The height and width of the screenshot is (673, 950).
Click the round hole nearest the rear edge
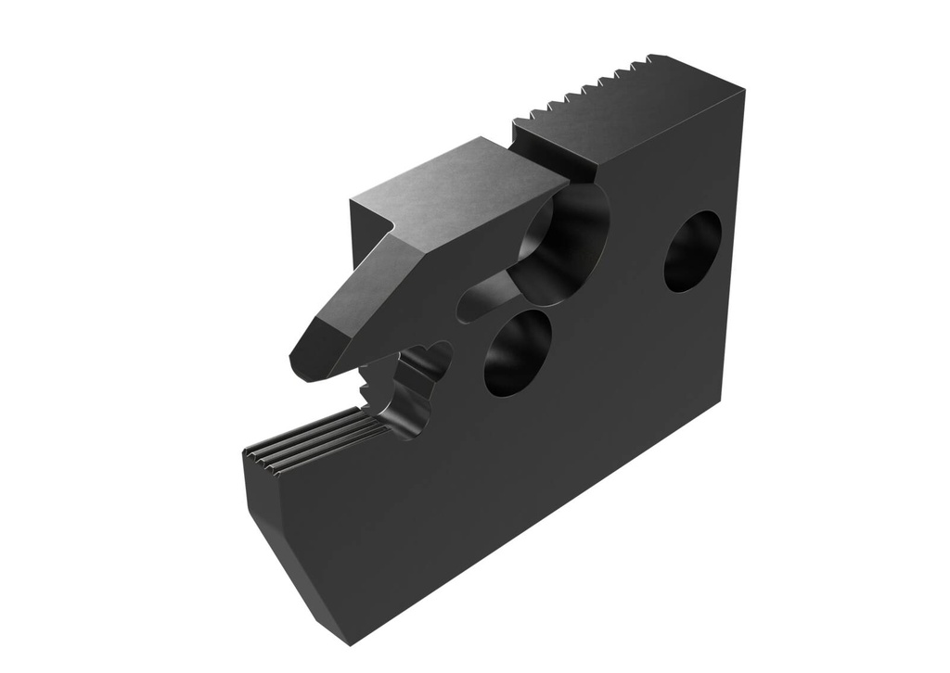692,251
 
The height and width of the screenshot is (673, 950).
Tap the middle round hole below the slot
517,352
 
